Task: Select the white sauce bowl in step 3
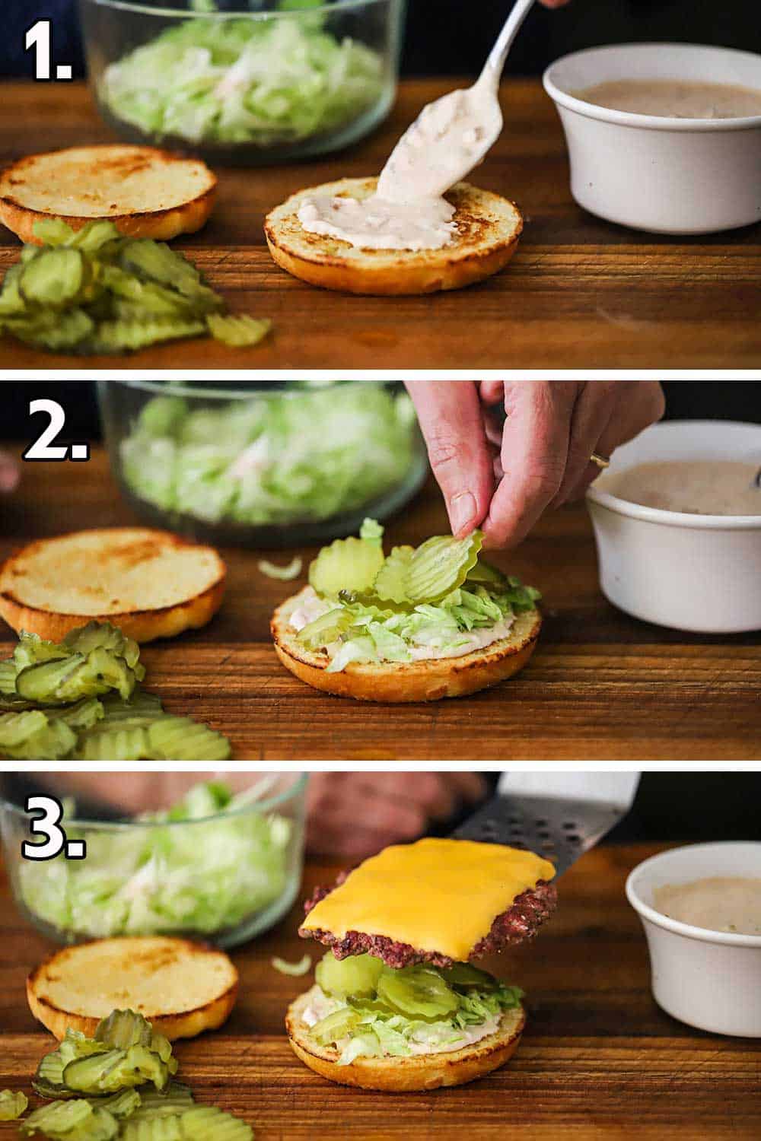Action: click(693, 943)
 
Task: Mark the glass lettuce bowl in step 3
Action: click(152, 867)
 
